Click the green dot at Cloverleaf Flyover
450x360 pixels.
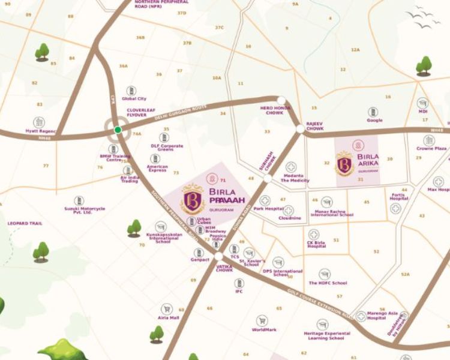coord(118,130)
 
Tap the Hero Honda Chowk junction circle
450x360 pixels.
coord(281,101)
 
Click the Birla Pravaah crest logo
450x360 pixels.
coord(193,199)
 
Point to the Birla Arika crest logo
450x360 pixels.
coord(344,163)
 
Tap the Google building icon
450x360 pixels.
coord(374,112)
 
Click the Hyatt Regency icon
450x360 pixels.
coord(39,122)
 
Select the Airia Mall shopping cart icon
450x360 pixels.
coord(166,309)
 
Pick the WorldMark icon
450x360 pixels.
coord(262,321)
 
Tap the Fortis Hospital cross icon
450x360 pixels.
coord(395,209)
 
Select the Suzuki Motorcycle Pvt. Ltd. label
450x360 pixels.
coord(85,211)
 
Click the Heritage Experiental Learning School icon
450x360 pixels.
coord(323,324)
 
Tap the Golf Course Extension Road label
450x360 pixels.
coord(321,303)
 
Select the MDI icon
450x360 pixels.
coord(423,103)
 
